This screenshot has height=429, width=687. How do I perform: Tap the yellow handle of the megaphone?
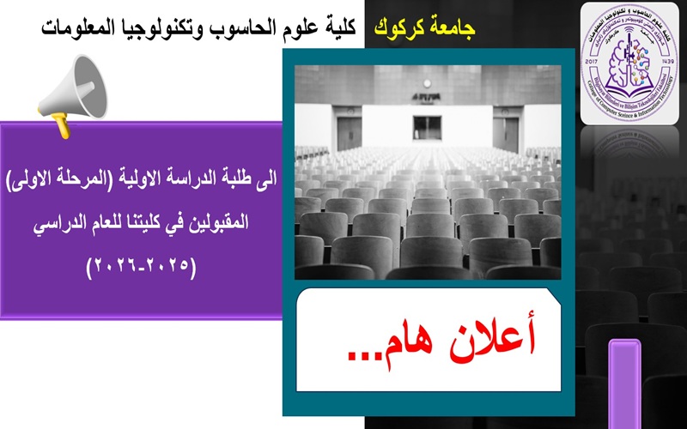(x=62, y=127)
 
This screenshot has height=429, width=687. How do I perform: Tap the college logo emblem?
(x=629, y=63)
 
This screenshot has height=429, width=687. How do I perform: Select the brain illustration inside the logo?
(x=630, y=62)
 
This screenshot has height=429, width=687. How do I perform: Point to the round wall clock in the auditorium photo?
(x=427, y=83)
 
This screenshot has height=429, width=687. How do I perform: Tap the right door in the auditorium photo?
(x=506, y=133)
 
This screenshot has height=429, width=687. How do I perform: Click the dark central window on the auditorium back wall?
(x=427, y=127)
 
